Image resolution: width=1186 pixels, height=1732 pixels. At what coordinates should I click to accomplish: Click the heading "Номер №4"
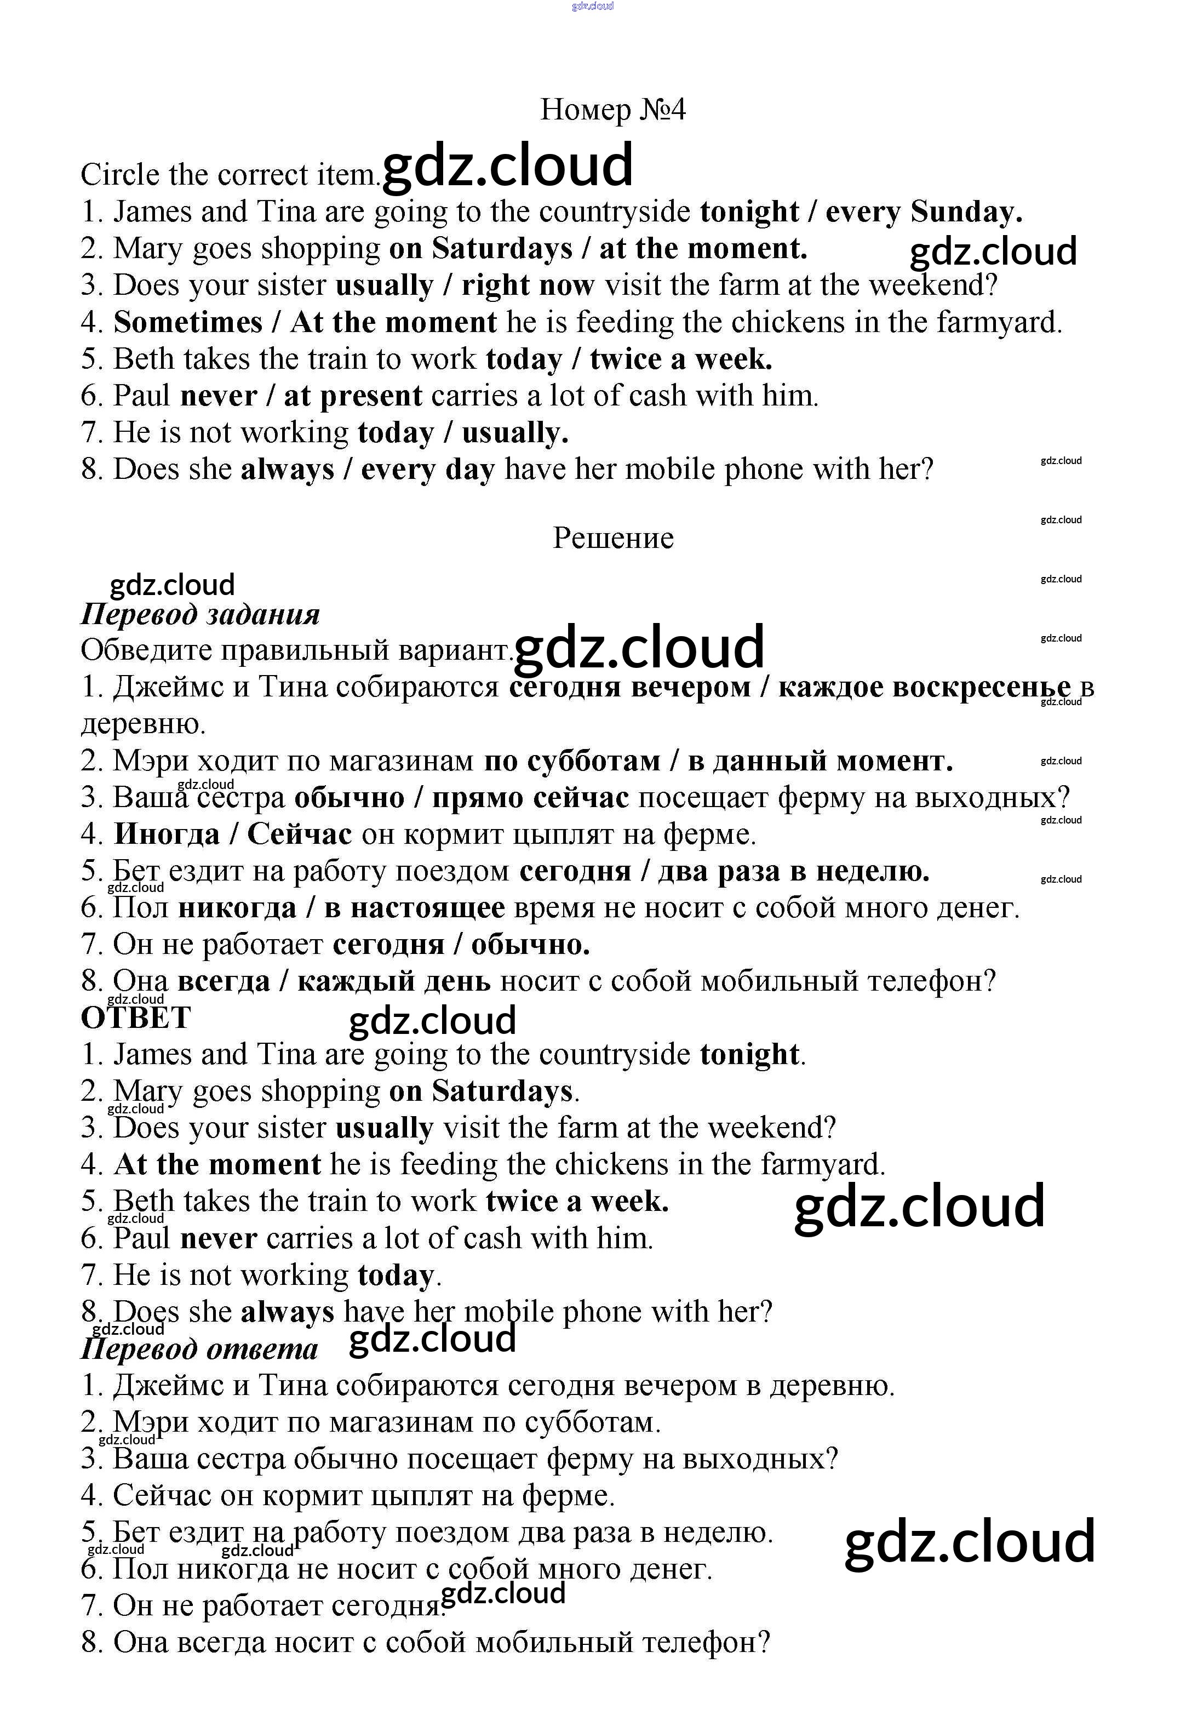(612, 110)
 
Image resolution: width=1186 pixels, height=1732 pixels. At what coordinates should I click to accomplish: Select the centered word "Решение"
(612, 538)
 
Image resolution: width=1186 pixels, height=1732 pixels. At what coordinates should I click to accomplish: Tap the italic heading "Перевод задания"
(200, 614)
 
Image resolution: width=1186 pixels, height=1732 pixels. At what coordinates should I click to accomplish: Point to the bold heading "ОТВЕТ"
(136, 1018)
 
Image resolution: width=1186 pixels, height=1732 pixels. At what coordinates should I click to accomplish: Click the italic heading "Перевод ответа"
(199, 1349)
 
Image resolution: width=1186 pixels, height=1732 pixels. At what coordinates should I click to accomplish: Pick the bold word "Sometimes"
(188, 323)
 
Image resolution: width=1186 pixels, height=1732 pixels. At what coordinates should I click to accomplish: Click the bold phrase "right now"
(528, 285)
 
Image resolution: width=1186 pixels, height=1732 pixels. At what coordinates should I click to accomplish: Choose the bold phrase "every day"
(428, 470)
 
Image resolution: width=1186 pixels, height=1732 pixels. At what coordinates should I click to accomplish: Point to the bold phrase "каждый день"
(393, 981)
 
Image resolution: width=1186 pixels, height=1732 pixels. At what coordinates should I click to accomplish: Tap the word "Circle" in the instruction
(120, 175)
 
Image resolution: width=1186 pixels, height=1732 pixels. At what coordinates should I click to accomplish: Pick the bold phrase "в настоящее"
(414, 908)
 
